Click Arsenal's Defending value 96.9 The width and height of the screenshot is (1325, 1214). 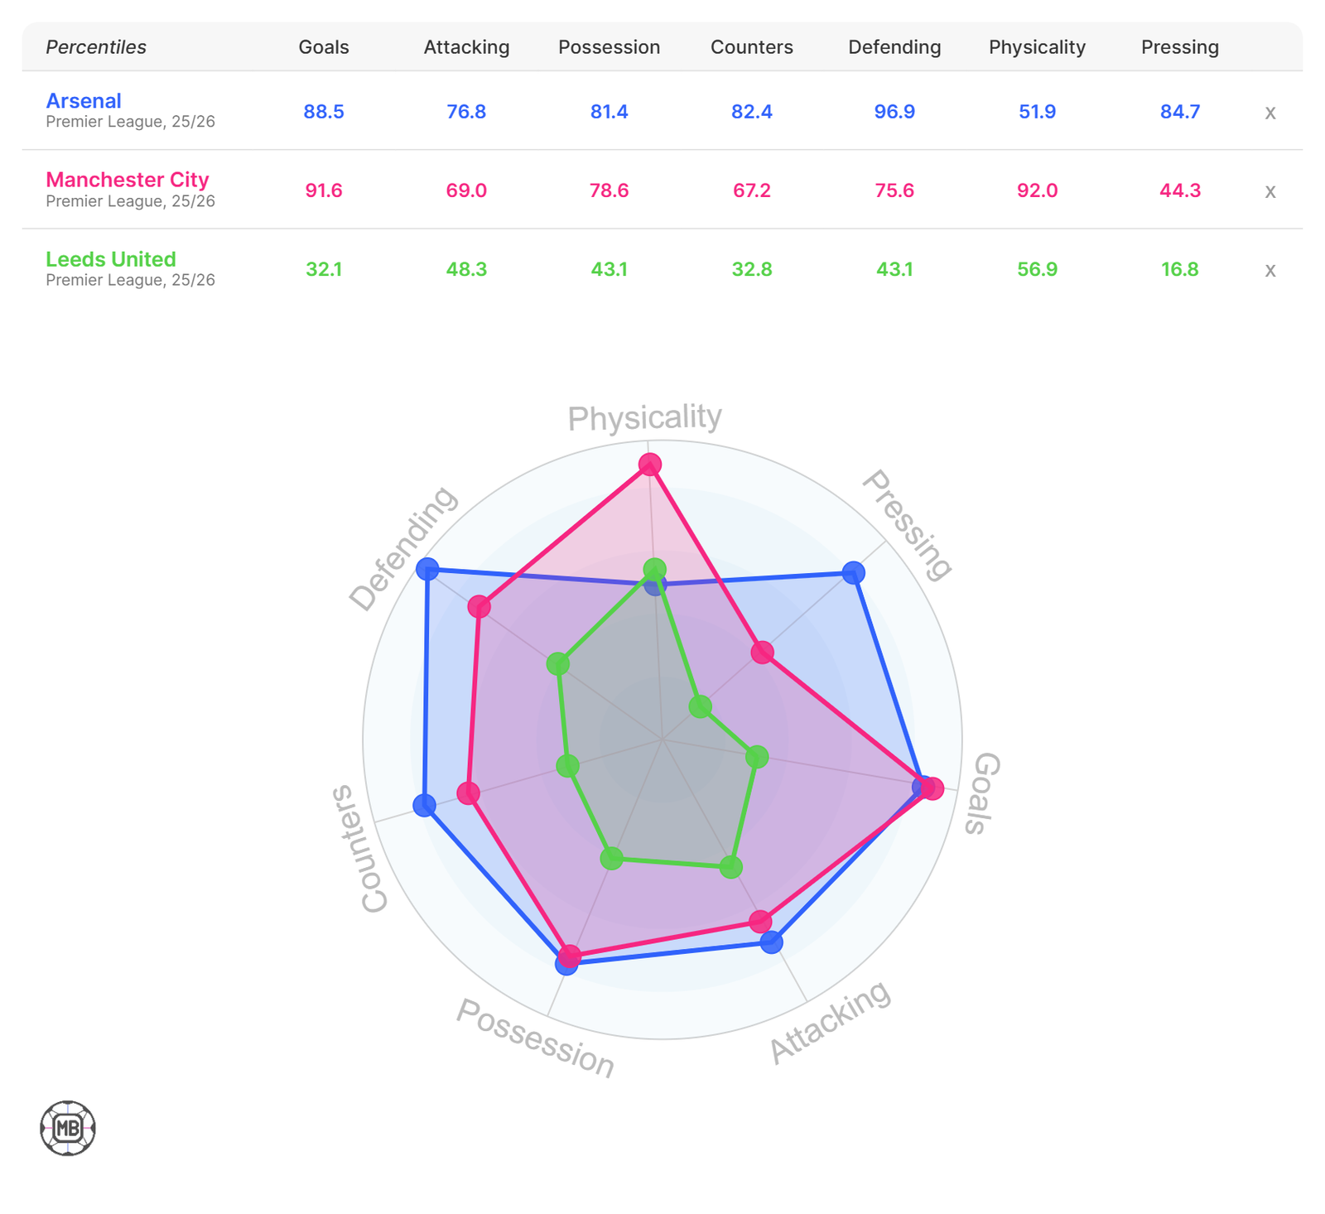tap(894, 112)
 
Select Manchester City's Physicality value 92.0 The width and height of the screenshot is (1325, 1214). tap(1037, 190)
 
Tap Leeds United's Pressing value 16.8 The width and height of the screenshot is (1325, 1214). tap(1179, 269)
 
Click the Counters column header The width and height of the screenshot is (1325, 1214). tap(751, 47)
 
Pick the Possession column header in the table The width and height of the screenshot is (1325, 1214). tap(609, 47)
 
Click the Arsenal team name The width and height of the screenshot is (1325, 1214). tap(84, 101)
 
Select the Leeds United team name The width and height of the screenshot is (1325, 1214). tap(111, 259)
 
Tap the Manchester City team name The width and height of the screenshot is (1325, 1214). tap(128, 180)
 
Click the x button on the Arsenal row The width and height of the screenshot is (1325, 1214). tap(1270, 113)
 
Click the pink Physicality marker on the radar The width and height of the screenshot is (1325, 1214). tap(650, 465)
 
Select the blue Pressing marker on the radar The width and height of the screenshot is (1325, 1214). tap(853, 572)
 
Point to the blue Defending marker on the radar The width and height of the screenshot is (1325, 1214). tap(426, 569)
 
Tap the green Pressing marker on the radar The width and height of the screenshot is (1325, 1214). tap(701, 706)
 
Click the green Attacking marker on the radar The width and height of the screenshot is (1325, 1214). tap(730, 867)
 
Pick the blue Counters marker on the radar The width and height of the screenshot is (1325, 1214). tap(424, 805)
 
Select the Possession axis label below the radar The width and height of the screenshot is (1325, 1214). tap(536, 1038)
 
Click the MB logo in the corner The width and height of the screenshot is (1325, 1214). tap(68, 1128)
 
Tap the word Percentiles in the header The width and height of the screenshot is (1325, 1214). tap(96, 47)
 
